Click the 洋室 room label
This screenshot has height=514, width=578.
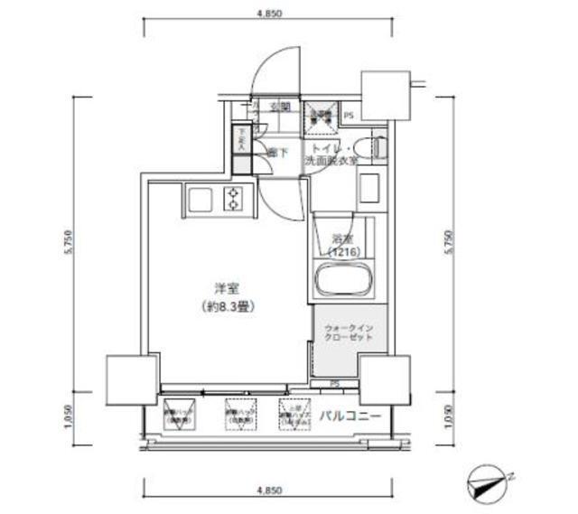click(x=226, y=289)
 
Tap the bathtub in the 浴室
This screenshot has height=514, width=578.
click(x=342, y=281)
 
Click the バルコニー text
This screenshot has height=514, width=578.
click(x=352, y=416)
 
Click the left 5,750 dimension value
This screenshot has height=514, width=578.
click(x=69, y=247)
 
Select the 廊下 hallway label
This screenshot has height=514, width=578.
click(x=277, y=153)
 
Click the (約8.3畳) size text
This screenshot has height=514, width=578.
click(x=227, y=306)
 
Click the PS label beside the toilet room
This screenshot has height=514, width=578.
click(x=348, y=115)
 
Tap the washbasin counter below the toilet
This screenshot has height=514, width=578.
click(x=371, y=191)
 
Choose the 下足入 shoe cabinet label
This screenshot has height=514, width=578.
click(x=241, y=138)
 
